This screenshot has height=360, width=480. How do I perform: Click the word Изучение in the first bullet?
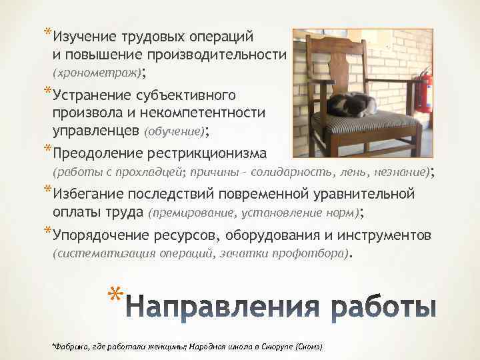84,35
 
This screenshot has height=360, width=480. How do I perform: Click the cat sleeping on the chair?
353,105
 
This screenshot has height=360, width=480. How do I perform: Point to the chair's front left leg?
309,147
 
